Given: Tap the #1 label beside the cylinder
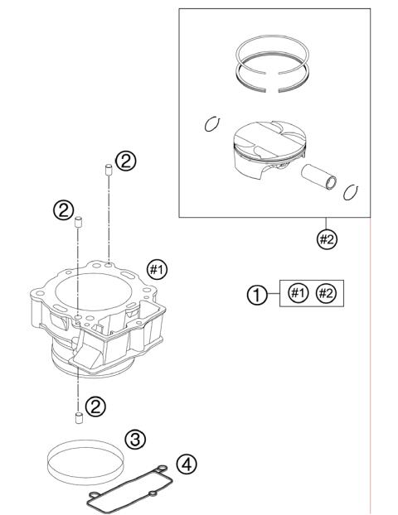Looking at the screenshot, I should pyautogui.click(x=157, y=268).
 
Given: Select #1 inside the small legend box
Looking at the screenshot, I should pyautogui.click(x=296, y=293).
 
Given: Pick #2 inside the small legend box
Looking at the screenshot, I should pyautogui.click(x=326, y=293).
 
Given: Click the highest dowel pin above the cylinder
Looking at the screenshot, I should pyautogui.click(x=109, y=171).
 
